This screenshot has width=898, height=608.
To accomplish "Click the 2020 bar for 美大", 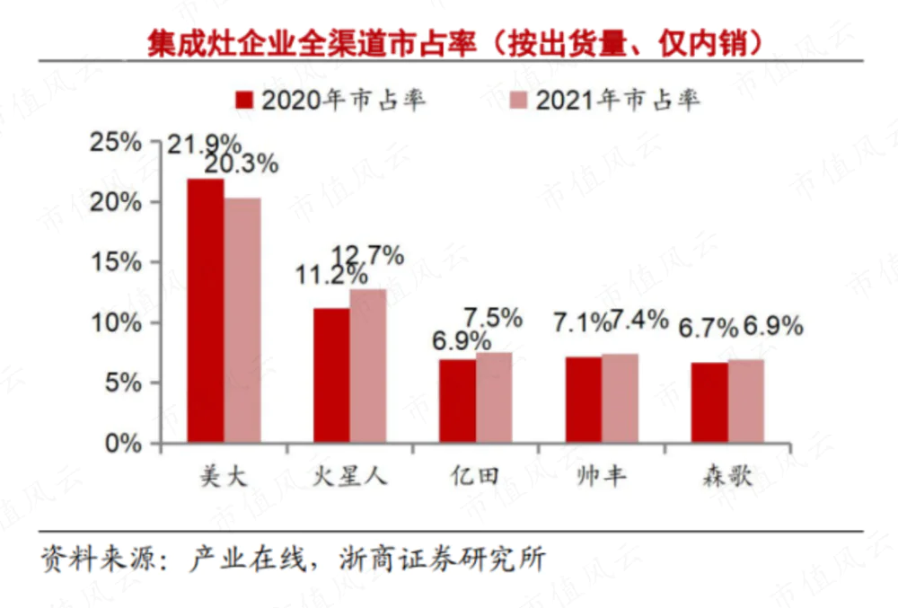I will tap(206, 310).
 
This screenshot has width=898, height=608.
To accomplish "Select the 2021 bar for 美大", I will tap(242, 320).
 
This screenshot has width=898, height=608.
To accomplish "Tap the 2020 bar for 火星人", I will tap(331, 374).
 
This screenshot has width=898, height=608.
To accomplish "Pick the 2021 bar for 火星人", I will tap(368, 366).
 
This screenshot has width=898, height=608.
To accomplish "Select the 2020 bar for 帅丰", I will tap(584, 400).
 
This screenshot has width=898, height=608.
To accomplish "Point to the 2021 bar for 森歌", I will tap(746, 401).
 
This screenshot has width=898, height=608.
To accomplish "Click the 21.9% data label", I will tap(205, 144).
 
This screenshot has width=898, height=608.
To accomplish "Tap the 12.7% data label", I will tap(367, 256).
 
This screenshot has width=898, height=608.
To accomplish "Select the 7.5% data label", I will tap(492, 317).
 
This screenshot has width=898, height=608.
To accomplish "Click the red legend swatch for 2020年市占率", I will tap(244, 100).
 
